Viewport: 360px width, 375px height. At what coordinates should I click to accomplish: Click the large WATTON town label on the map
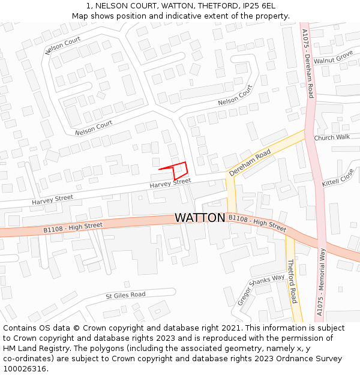(x=200, y=218)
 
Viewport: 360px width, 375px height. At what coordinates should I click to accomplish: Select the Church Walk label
(x=331, y=137)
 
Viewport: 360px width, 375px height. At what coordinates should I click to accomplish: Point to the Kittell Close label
(x=338, y=178)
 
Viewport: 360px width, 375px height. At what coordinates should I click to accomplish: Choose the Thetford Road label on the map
(x=292, y=281)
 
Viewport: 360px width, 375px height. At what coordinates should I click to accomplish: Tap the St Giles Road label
(x=125, y=295)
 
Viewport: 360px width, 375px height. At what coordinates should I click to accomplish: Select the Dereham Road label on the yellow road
(x=250, y=163)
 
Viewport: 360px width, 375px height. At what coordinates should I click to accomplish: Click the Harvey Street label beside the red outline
(x=170, y=182)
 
